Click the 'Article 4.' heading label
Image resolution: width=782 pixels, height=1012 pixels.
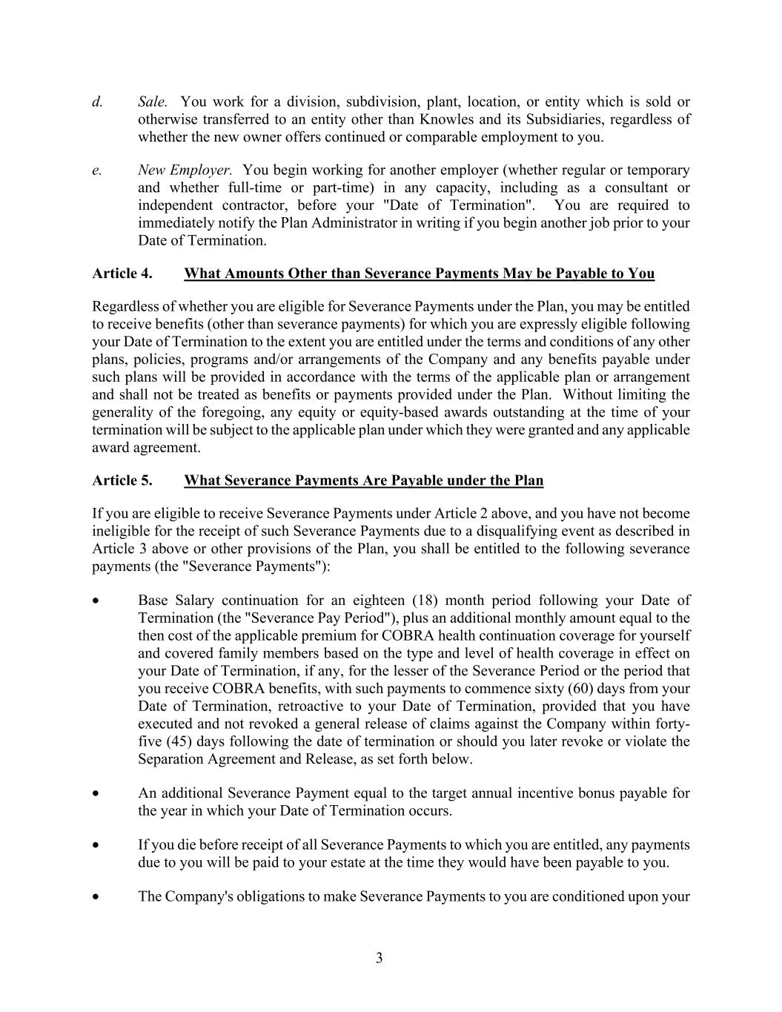tap(122, 274)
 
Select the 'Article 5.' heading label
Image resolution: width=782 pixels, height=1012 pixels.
tap(122, 480)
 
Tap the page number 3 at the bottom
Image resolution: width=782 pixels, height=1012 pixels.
tap(380, 958)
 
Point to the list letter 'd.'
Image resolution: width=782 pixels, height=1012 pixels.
tap(97, 102)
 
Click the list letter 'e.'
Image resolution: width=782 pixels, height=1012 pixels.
tap(97, 171)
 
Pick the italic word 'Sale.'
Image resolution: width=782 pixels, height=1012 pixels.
tap(153, 102)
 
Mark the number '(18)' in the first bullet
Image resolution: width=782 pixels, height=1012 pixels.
tap(423, 601)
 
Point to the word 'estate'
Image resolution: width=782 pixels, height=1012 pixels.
tap(351, 863)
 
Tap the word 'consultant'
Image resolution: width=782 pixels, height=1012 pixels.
tap(627, 188)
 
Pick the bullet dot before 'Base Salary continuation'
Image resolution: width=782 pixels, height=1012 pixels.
tap(96, 601)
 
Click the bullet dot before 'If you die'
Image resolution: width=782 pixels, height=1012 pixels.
tap(96, 845)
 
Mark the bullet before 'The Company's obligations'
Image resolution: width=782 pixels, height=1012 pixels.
tap(96, 897)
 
